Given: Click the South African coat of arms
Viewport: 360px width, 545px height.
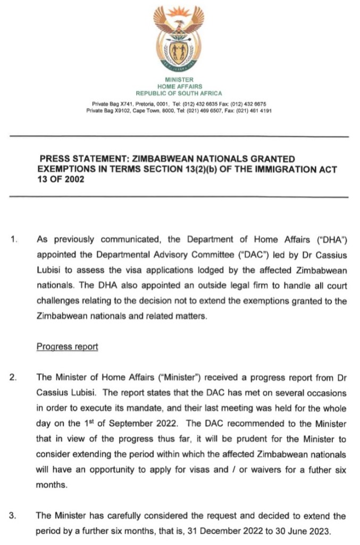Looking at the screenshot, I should pyautogui.click(x=179, y=40).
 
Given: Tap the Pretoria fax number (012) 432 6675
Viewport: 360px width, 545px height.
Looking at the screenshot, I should pyautogui.click(x=250, y=103).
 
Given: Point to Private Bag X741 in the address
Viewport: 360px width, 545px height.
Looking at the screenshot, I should pyautogui.click(x=111, y=103).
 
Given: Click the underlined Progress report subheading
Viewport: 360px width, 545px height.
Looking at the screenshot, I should pyautogui.click(x=67, y=346).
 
